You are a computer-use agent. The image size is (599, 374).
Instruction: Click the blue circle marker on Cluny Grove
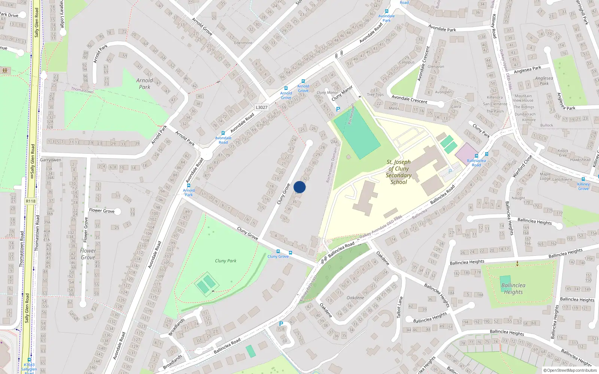pos(299,187)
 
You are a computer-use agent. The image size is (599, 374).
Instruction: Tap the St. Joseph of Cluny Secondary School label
pos(398,172)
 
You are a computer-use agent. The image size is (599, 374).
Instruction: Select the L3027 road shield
pos(262,107)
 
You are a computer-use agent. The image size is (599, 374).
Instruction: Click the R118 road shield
pos(31,201)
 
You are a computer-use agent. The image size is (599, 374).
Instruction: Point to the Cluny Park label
pos(225,261)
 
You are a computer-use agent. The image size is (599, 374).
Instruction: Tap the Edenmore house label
pos(243,43)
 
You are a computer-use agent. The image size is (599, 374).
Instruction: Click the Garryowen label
pos(51,160)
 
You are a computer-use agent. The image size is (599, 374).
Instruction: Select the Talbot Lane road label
pos(400,307)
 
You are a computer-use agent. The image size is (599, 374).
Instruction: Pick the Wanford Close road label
pos(522,166)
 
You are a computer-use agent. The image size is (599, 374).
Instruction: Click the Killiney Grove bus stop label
pos(583,186)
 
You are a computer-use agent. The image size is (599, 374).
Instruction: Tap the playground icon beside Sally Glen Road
pos(5,70)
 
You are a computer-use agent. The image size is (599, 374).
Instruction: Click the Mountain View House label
pos(523,98)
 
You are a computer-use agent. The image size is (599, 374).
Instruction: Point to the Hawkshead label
pos(580,160)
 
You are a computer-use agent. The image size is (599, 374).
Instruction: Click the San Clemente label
pos(495,104)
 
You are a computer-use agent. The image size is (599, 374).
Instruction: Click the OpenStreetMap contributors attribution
pos(571,370)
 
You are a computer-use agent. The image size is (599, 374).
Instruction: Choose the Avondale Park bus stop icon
pos(387,11)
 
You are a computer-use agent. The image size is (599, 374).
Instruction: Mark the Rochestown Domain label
pos(331,165)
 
